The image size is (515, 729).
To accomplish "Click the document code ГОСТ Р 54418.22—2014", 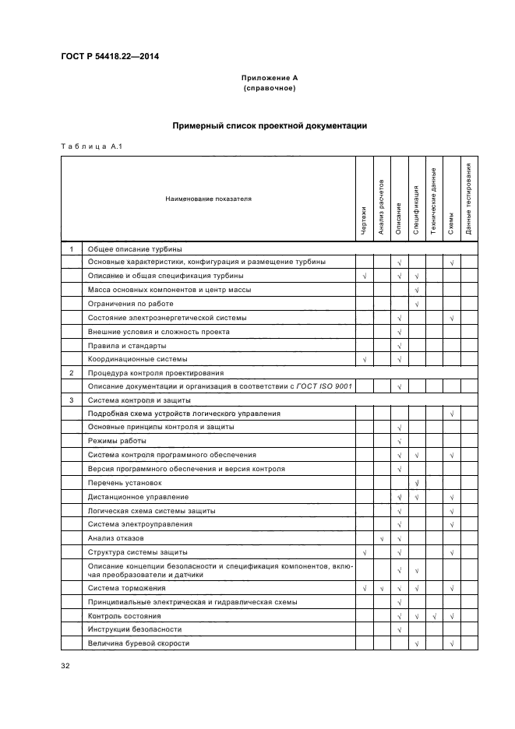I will tap(108, 55).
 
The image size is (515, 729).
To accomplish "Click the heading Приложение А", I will tap(270, 79).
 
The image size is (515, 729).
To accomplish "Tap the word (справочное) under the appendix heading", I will tap(270, 89).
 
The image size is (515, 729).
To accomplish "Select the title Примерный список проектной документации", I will tap(270, 125).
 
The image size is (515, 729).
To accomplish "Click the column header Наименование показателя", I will tap(208, 199).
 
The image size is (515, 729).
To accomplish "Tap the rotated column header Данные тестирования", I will tap(469, 199).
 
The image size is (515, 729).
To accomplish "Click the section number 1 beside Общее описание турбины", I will tap(71, 248).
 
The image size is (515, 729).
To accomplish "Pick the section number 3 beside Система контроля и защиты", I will tap(71, 400).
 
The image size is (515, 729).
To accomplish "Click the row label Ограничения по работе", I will tap(130, 304).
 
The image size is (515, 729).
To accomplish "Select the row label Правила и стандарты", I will tap(127, 345).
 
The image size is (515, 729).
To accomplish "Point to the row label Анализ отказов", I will tap(116, 538).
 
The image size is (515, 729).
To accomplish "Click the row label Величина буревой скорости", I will tap(139, 643).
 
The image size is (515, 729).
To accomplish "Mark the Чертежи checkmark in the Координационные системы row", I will tap(364, 359).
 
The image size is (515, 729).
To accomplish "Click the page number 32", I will tap(65, 666).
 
